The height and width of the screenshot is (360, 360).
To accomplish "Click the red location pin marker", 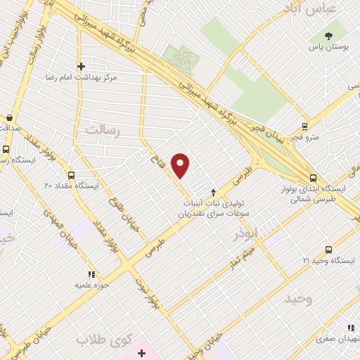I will click(x=181, y=165).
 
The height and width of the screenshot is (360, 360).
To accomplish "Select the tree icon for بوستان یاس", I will click(x=328, y=36).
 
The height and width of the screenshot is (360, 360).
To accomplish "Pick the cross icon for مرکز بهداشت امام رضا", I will click(x=82, y=65).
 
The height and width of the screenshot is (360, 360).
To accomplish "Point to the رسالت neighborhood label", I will click(x=103, y=131).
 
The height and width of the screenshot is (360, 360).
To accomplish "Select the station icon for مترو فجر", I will click(x=304, y=127).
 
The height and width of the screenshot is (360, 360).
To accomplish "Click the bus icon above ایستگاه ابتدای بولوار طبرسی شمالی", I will click(x=313, y=178).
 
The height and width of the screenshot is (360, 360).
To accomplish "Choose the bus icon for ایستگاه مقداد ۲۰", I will click(x=71, y=175).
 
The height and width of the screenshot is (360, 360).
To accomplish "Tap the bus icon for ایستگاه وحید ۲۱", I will click(x=328, y=250).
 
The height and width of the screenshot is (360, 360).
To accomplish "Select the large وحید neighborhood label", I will click(x=299, y=300).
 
